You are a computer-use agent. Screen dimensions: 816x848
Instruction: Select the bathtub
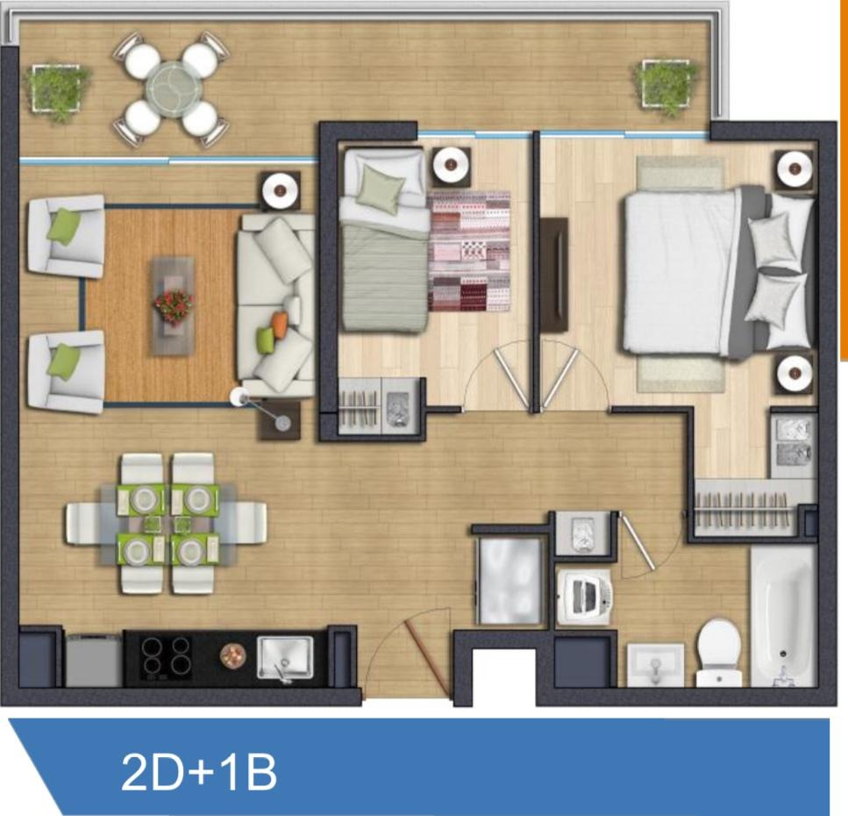782,614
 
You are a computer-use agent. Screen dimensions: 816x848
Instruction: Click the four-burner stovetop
166,657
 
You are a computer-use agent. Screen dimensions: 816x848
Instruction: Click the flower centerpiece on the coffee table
173,304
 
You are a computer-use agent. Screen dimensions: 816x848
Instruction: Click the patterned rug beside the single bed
469,251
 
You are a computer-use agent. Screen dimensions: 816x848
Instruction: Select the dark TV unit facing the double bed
553,274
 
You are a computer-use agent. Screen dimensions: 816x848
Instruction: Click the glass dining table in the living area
166,523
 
